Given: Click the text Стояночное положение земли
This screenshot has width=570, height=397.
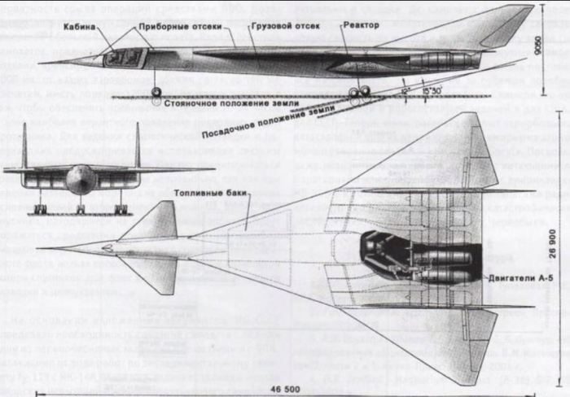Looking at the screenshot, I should pyautogui.click(x=221, y=103).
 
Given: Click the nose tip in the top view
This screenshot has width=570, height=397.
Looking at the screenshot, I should pyautogui.click(x=40, y=246).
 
